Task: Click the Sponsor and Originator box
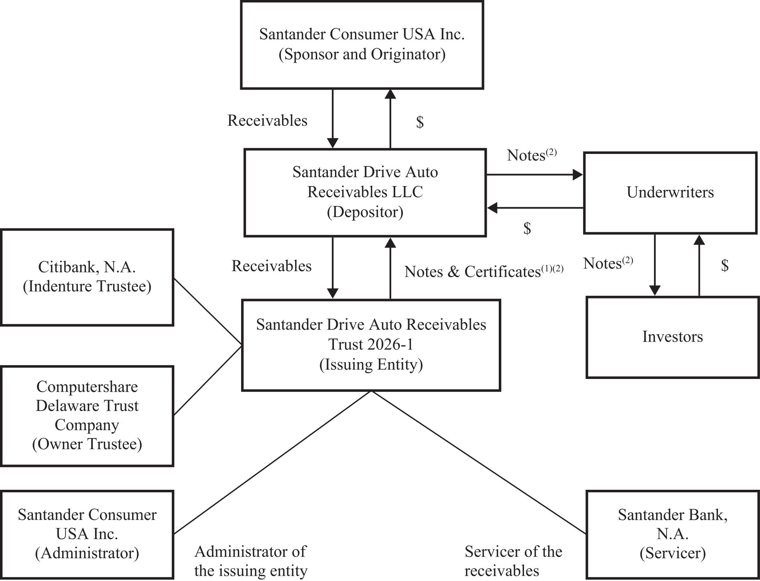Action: point(362,45)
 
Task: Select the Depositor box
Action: point(365,192)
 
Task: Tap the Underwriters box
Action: point(670,192)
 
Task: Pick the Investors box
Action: point(673,337)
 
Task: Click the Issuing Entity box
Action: point(371,345)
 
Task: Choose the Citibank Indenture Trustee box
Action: point(87,277)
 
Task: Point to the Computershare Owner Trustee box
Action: point(87,415)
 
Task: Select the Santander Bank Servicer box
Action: point(673,534)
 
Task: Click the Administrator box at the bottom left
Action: point(87,534)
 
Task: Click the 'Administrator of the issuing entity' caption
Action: point(251,561)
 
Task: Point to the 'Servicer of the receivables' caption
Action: point(513,561)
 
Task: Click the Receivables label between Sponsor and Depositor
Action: point(267,121)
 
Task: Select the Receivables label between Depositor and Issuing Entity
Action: point(271,266)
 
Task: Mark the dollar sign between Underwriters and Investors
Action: point(725,265)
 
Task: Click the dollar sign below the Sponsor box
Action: point(420,122)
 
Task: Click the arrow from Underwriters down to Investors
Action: point(655,265)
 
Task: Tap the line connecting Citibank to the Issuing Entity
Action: point(207,312)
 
